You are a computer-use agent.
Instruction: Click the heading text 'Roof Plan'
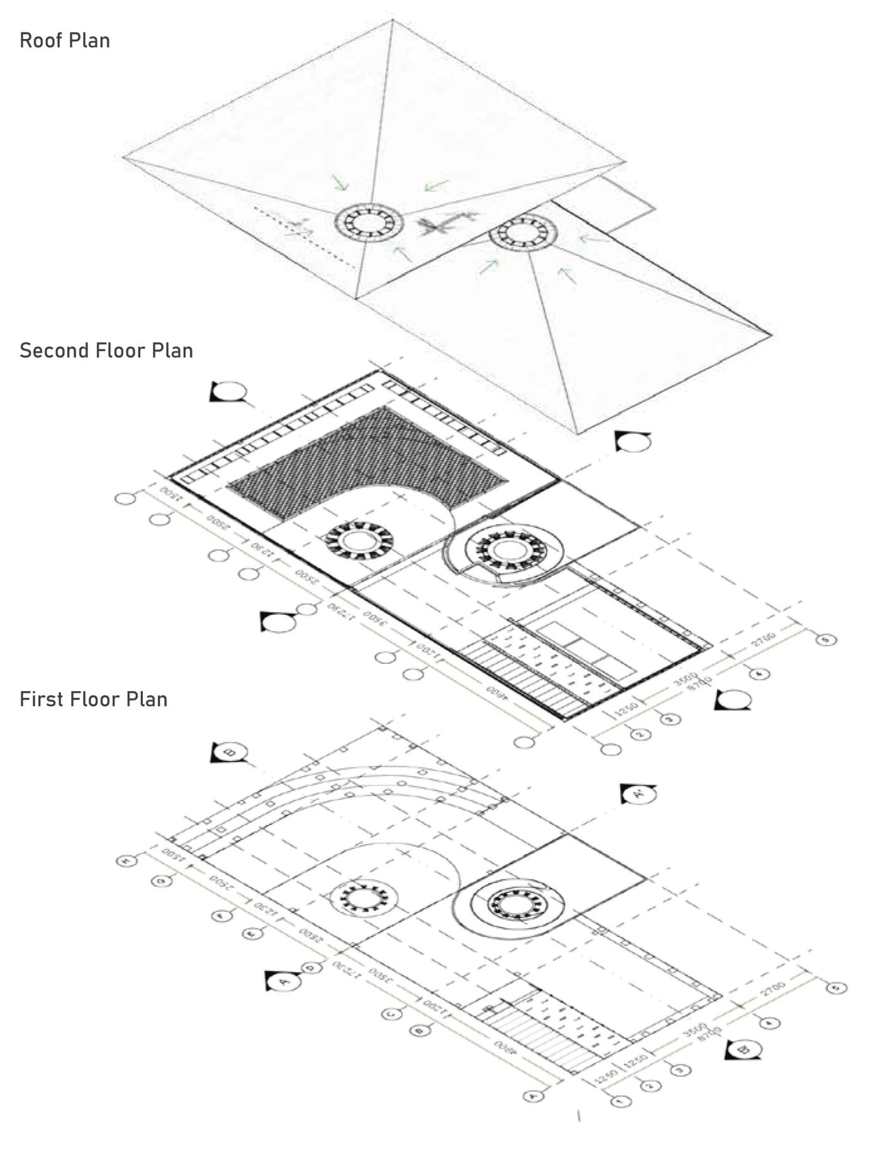tap(65, 40)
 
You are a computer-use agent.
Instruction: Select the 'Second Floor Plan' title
tap(106, 351)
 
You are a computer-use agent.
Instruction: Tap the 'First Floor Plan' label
tap(93, 699)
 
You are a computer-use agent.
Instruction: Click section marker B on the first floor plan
tap(230, 752)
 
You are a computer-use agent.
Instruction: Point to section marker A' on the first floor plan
tap(638, 794)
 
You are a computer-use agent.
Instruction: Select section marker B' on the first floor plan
tap(744, 1050)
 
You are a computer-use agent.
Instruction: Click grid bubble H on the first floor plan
tap(126, 860)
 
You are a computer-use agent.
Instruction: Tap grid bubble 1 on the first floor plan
tap(620, 1101)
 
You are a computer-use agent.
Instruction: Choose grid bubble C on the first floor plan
tap(392, 1014)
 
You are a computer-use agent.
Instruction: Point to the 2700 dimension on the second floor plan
tap(764, 640)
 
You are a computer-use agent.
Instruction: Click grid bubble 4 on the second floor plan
tap(759, 674)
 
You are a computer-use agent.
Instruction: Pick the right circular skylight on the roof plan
tap(523, 232)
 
